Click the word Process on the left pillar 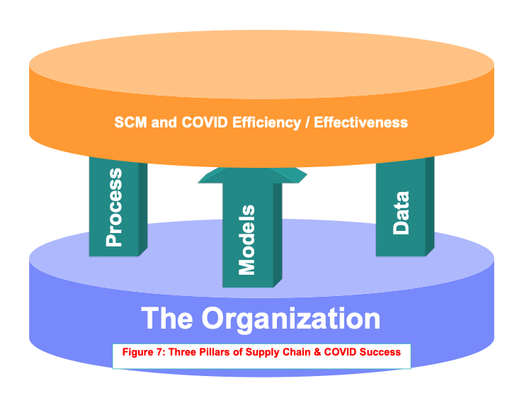[114, 207]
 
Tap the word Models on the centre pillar [246, 240]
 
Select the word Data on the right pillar [401, 213]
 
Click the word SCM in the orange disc [130, 122]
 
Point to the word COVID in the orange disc [205, 122]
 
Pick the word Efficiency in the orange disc [266, 123]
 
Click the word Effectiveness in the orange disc [360, 122]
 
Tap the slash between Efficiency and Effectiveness [307, 123]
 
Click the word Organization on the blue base [291, 319]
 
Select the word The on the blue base [167, 318]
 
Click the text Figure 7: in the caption [144, 352]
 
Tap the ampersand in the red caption [317, 352]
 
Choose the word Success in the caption [380, 352]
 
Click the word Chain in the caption [296, 352]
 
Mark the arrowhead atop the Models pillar [252, 176]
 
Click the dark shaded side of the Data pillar [430, 206]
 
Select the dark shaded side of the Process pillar [143, 209]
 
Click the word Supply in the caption [262, 353]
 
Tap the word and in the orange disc [164, 122]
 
